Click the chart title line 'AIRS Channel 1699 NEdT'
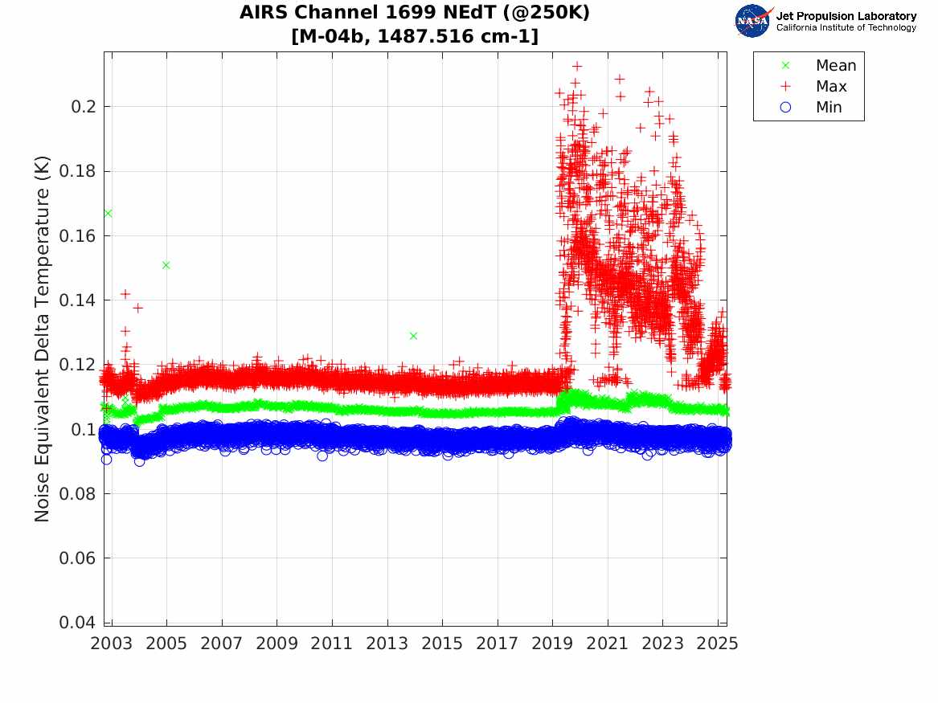tap(415, 14)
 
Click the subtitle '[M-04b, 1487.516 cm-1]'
tap(415, 36)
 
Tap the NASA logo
tap(753, 21)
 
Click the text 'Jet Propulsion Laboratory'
tap(846, 16)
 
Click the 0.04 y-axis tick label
tap(76, 623)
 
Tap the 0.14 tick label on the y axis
tap(76, 300)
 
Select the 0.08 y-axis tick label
tap(76, 494)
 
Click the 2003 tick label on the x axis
tap(112, 643)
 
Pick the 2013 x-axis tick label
tap(387, 643)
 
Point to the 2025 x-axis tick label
tap(718, 643)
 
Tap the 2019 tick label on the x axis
tap(553, 643)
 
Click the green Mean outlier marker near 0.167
tap(108, 213)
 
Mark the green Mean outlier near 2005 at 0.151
tap(166, 265)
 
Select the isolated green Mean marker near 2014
tap(413, 336)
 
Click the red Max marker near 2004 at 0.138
tap(137, 308)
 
